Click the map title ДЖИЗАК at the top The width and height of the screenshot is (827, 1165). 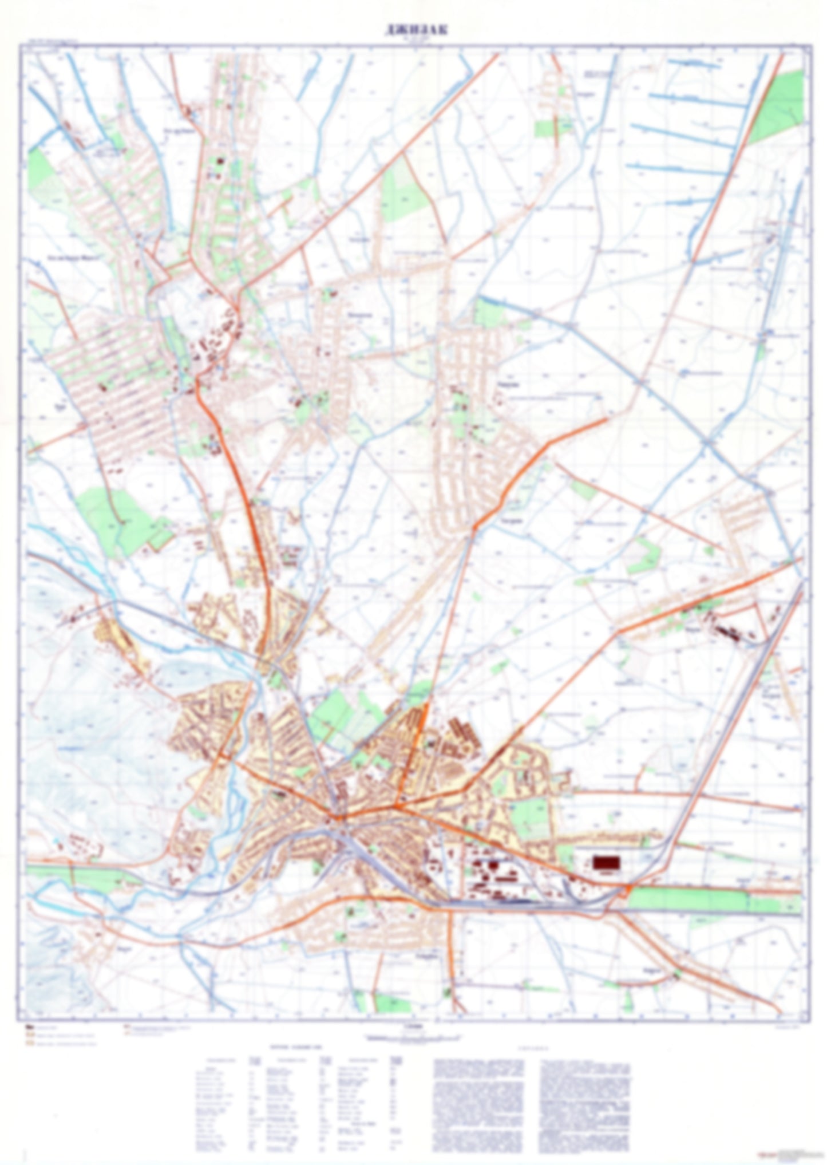point(416,31)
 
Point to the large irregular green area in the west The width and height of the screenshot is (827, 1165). point(120,518)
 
